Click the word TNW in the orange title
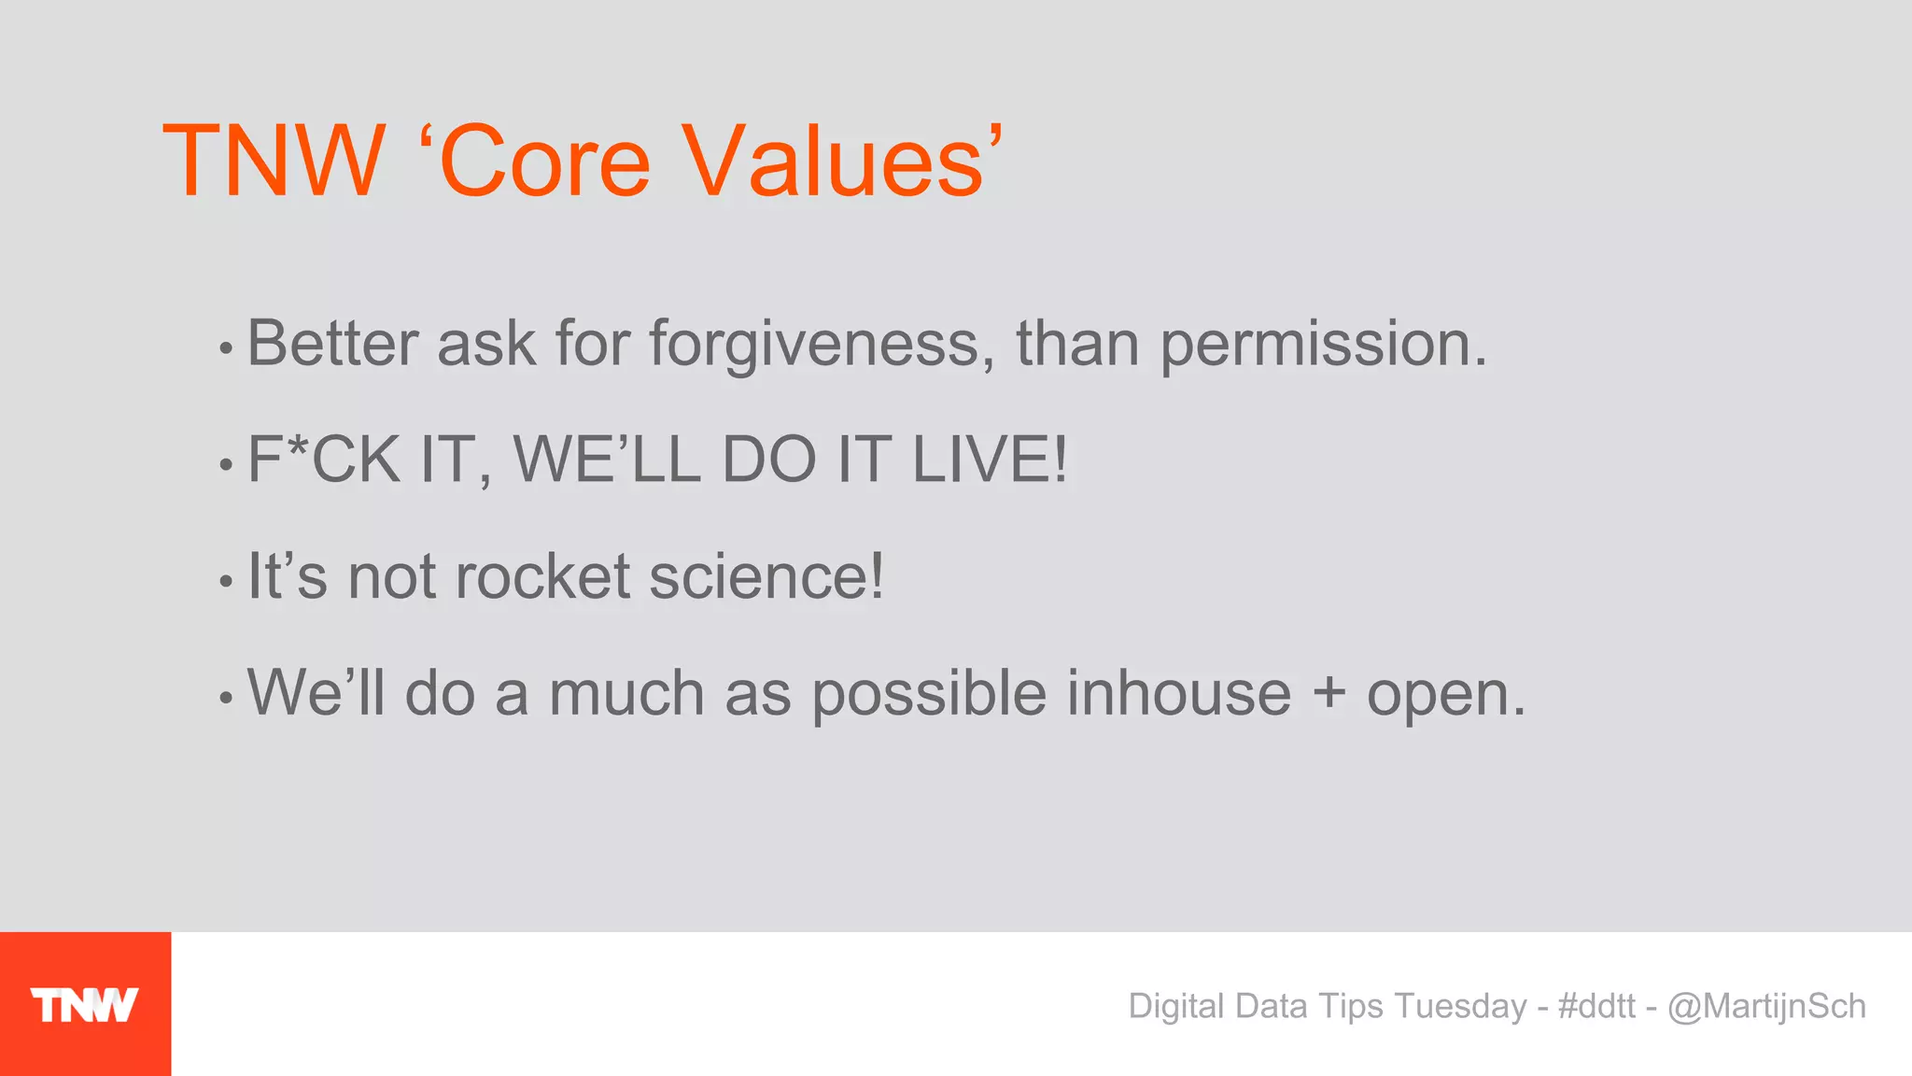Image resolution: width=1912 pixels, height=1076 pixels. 274,162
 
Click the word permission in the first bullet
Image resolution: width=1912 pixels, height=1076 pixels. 1321,345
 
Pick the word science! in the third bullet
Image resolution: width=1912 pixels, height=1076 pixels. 766,576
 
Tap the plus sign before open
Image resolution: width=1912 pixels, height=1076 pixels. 1329,695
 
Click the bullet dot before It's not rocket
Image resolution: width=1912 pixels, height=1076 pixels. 225,581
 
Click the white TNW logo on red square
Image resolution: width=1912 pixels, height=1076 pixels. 84,1005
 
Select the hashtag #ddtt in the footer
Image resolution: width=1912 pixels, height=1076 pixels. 1596,1006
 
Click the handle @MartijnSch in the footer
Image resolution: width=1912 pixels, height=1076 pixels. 1766,1006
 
